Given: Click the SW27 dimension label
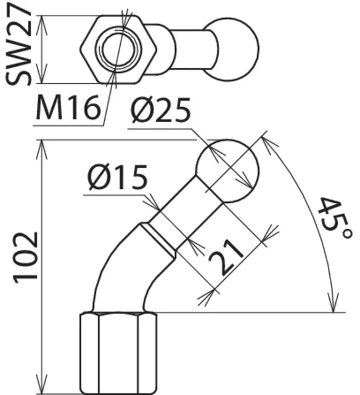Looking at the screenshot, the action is pos(18,44).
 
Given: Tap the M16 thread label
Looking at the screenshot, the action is pos(67,107).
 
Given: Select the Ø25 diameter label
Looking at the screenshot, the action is pos(160,110).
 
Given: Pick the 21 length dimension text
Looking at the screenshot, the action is pos(226,257).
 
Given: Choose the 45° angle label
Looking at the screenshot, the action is pos(334,218).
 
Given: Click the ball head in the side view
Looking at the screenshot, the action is pos(227,171).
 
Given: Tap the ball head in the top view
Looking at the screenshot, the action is pos(230,49).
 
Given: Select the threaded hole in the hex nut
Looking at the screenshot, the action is pos(118,49).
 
